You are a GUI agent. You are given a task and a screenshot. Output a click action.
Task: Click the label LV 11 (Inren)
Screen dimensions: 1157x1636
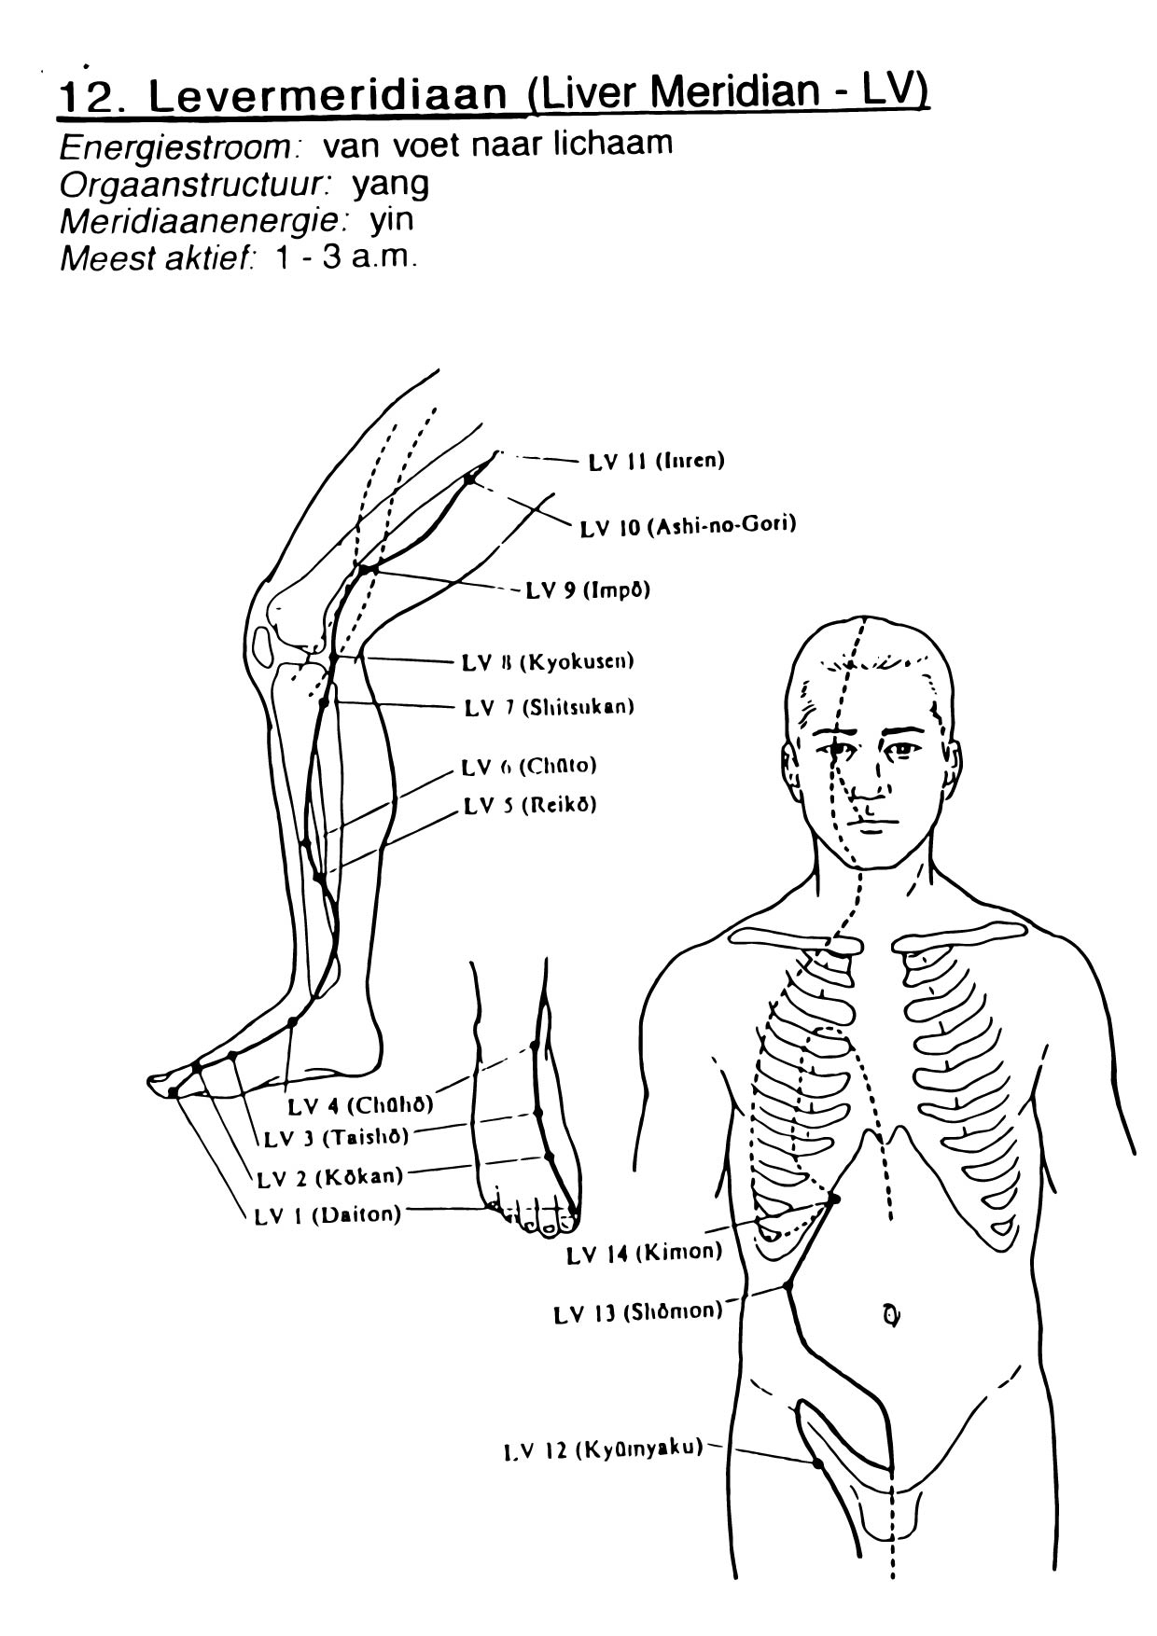[656, 461]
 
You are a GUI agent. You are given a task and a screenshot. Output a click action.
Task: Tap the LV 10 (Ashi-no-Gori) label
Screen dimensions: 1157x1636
[688, 526]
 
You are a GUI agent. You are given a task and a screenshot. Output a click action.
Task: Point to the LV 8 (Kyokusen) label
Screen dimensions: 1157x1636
[548, 662]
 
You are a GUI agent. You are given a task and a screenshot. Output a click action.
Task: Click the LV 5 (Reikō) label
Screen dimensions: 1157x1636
[529, 805]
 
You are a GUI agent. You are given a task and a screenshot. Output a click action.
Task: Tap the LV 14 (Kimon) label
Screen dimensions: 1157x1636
[644, 1253]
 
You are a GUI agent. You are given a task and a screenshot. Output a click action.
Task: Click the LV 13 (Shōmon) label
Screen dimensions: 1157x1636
[637, 1311]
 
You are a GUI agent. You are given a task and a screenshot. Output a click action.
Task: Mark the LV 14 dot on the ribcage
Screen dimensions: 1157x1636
[834, 1199]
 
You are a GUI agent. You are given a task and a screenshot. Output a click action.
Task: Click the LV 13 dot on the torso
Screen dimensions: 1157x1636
[788, 1285]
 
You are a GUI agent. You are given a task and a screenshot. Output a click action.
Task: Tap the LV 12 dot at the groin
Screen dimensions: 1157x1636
[818, 1463]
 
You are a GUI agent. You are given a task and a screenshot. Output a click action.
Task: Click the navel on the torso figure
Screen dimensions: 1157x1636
[891, 1315]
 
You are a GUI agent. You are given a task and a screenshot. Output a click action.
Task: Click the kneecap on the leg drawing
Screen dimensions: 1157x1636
[264, 644]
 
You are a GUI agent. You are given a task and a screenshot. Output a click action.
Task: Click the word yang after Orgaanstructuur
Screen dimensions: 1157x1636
[390, 184]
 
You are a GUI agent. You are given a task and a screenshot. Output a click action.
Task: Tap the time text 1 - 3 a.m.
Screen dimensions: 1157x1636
[343, 256]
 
